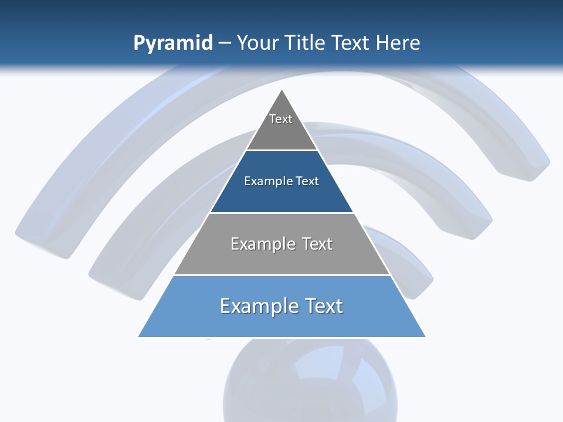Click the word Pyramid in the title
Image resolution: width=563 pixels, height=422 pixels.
coord(172,43)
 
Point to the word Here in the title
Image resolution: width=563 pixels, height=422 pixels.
coord(398,43)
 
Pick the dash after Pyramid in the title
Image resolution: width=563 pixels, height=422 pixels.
coord(224,43)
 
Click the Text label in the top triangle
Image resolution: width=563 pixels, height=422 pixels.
coord(281,119)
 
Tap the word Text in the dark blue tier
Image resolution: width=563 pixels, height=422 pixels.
coord(308,182)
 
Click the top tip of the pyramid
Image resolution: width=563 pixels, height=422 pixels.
coord(282,91)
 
